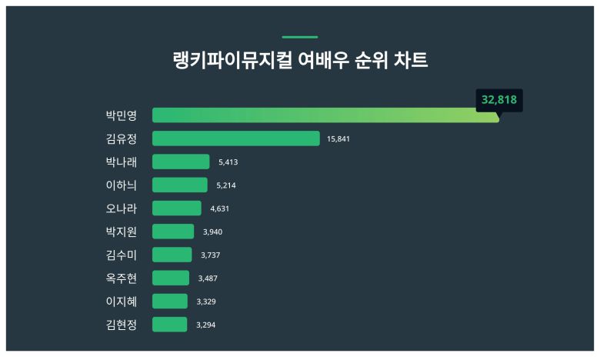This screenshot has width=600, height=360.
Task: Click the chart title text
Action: tap(300, 61)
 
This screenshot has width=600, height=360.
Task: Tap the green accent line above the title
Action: tap(300, 37)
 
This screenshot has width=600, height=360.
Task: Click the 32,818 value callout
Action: tap(499, 100)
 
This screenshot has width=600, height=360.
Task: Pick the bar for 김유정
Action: tap(235, 138)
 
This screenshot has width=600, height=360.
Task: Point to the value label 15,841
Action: tap(339, 139)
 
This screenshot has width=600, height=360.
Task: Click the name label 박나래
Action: tap(121, 162)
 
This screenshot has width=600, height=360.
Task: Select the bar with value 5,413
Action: tap(181, 162)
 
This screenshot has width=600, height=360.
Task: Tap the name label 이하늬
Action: tap(121, 185)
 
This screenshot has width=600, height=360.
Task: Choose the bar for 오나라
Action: tap(177, 208)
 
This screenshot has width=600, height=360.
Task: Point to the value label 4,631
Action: tap(220, 208)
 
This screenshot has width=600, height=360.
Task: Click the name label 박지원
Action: tap(121, 231)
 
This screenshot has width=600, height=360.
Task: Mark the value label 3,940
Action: tap(212, 232)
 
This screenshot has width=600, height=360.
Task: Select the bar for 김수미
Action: tap(172, 255)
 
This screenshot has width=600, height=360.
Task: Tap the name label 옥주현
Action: tap(121, 278)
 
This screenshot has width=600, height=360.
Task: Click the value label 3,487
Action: tap(208, 278)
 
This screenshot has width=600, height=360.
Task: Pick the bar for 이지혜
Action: tap(170, 301)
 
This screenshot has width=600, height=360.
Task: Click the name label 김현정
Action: tap(121, 324)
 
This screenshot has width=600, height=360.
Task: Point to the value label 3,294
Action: tap(205, 325)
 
